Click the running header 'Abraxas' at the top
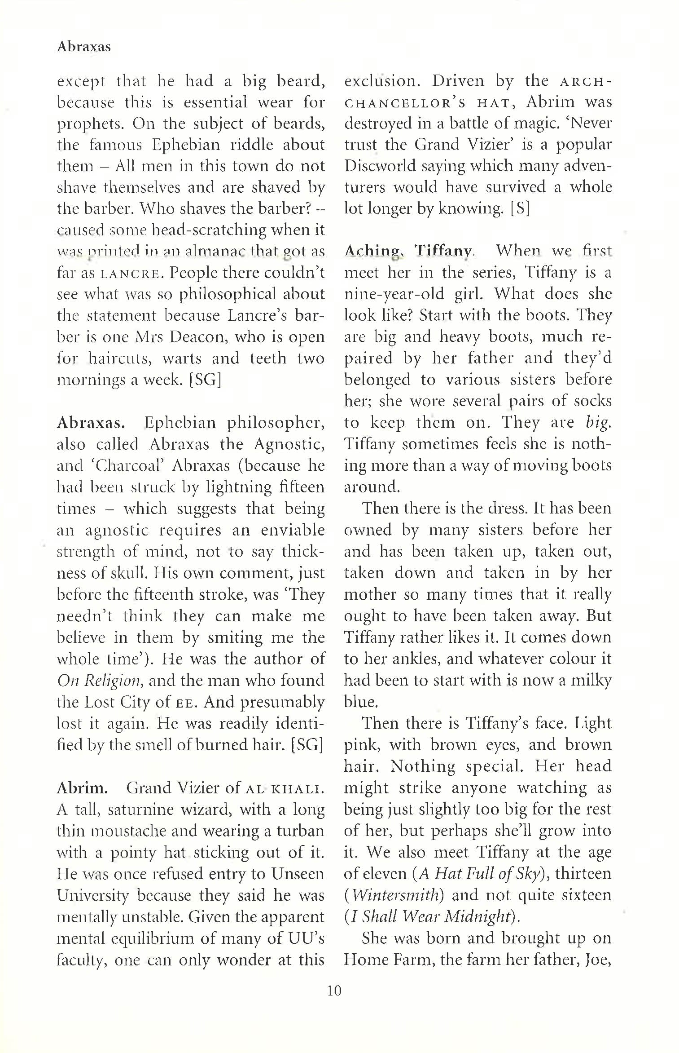(x=83, y=47)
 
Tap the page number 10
(x=334, y=990)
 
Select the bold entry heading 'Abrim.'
(x=82, y=788)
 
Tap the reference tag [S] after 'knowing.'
(x=520, y=209)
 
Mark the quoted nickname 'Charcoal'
(x=118, y=466)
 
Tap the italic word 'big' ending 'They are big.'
(x=598, y=423)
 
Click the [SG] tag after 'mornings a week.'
(x=205, y=380)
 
